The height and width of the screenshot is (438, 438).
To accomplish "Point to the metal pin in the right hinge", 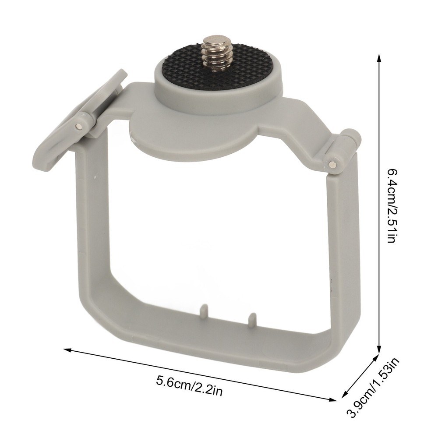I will click(334, 164).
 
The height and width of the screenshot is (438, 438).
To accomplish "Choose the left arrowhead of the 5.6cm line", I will click(67, 350).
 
